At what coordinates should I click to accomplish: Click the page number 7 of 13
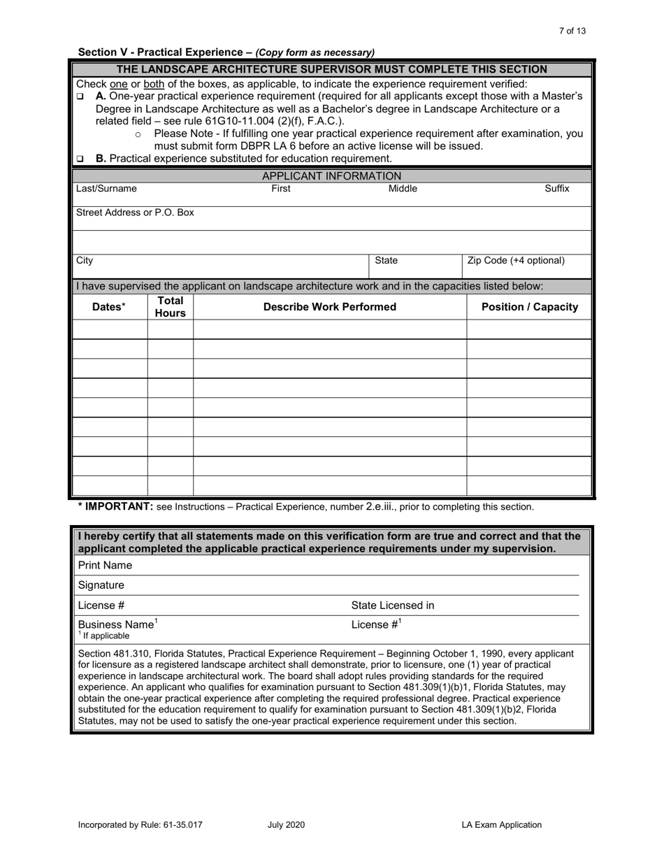(572, 31)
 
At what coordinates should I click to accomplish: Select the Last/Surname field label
(106, 189)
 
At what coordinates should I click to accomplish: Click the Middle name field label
(403, 189)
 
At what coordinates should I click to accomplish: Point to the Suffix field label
(557, 189)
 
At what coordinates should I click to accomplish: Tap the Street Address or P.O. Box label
(135, 212)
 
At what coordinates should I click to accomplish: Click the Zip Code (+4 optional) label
(516, 261)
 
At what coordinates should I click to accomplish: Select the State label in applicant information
(386, 261)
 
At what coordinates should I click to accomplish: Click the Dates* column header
(110, 306)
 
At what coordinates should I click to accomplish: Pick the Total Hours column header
(170, 306)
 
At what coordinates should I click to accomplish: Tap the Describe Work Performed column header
(329, 306)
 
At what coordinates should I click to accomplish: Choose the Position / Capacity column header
(530, 306)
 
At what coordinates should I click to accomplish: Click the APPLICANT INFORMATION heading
(331, 176)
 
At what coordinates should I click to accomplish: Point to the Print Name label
(105, 565)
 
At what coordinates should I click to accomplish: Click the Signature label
(101, 585)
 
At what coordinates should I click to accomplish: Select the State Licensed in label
(392, 605)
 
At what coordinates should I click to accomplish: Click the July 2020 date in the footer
(286, 825)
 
